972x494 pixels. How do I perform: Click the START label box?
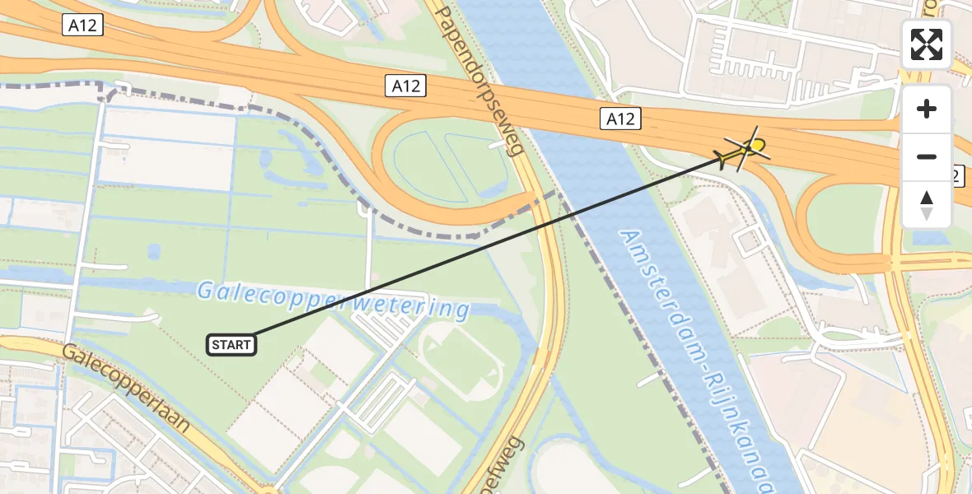pos(231,345)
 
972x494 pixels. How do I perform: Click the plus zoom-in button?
pos(927,110)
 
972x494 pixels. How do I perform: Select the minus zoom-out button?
pos(927,156)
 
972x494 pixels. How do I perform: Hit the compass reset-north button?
pos(927,205)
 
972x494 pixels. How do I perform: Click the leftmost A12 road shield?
pos(82,26)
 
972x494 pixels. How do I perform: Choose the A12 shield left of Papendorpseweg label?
pos(406,86)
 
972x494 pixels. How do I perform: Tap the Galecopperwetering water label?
pos(332,300)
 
